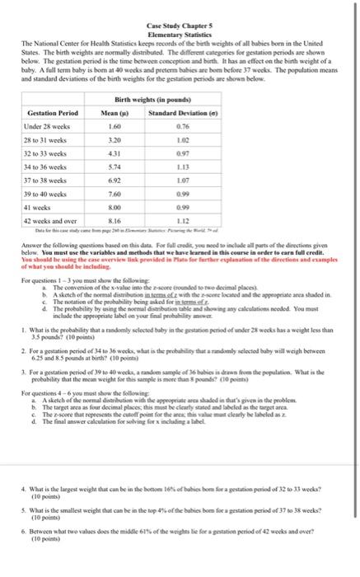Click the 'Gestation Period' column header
pyautogui.click(x=53, y=112)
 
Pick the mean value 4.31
pyautogui.click(x=115, y=156)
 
